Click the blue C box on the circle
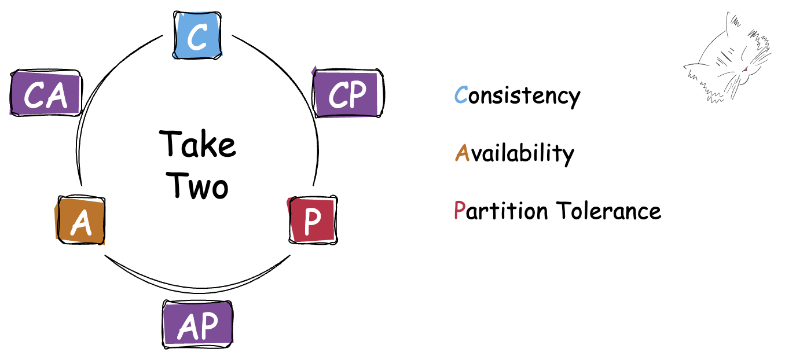[x=197, y=35]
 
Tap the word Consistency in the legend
[x=517, y=95]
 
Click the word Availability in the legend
[x=515, y=153]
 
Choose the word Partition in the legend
[x=501, y=211]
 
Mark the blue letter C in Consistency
[x=461, y=95]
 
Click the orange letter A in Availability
[x=462, y=153]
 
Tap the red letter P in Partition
[x=460, y=211]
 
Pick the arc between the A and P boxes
[x=197, y=288]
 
